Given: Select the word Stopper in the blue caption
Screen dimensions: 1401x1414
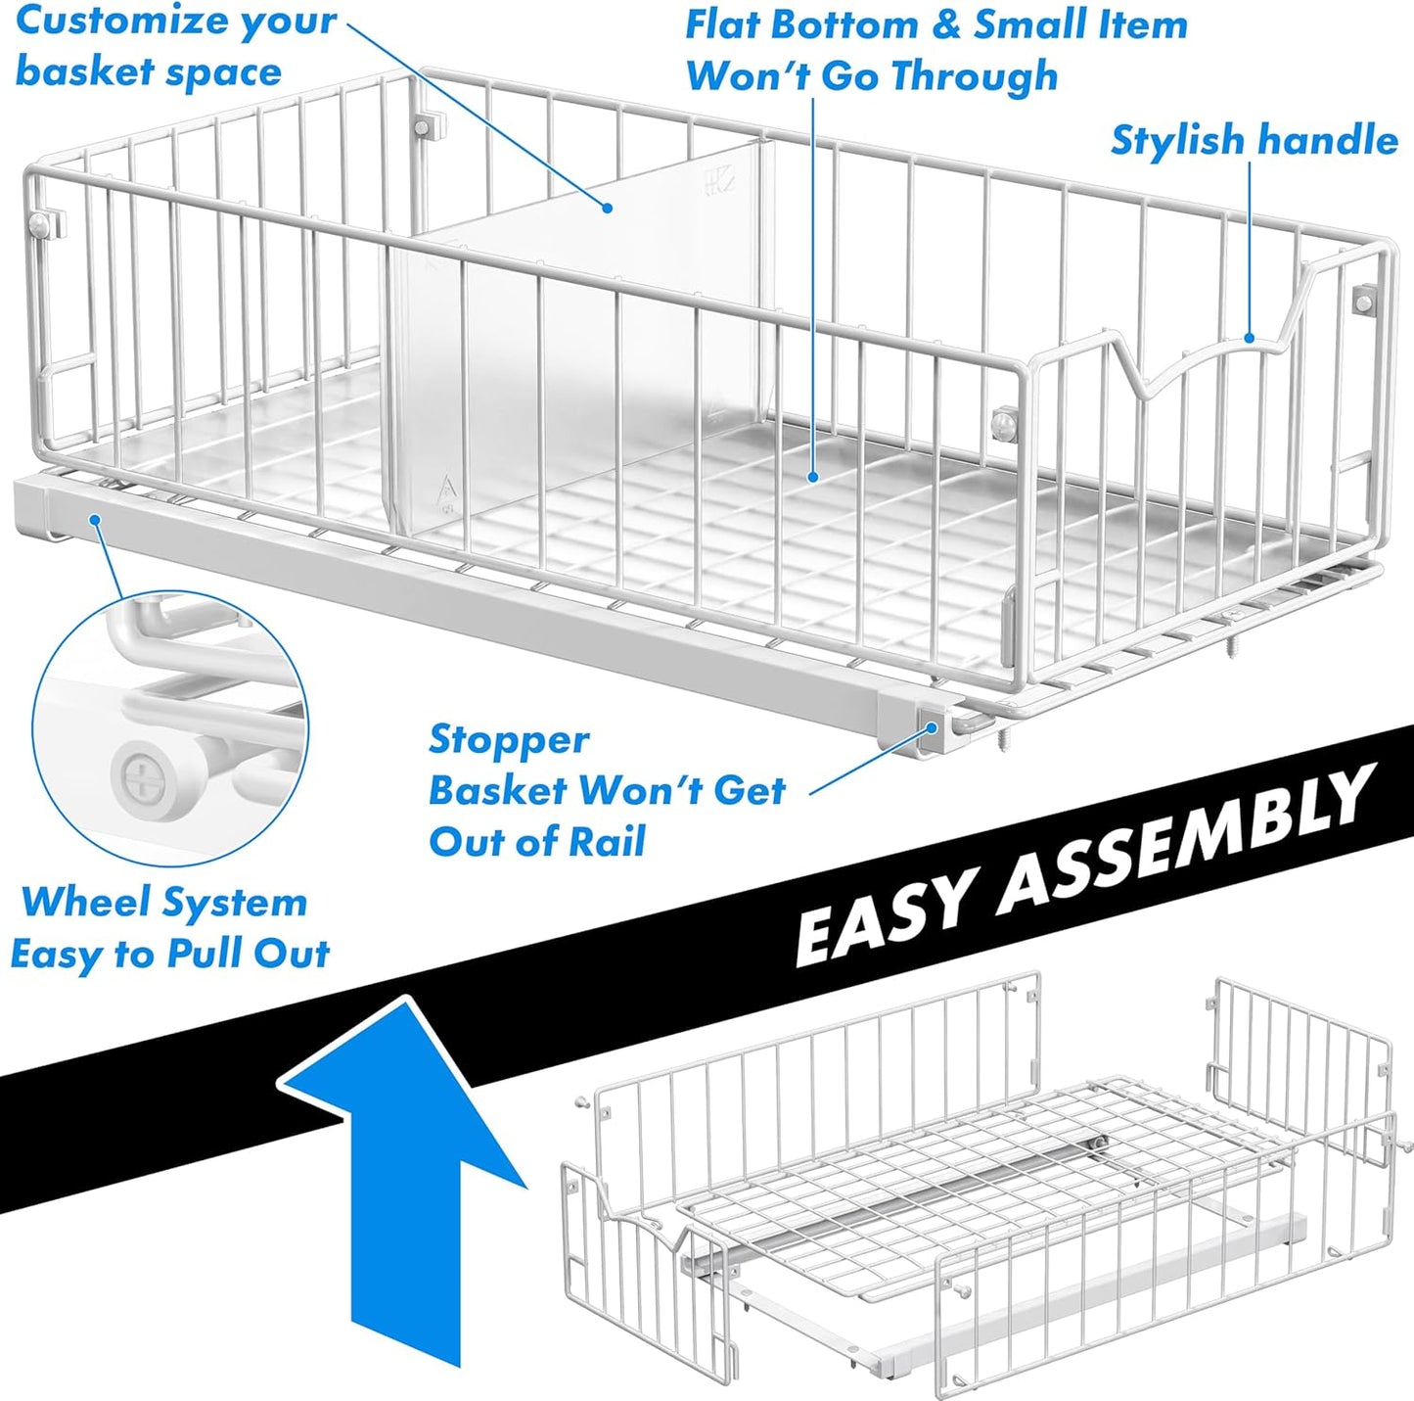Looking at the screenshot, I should coord(509,739).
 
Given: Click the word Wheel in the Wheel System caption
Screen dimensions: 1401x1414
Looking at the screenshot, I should coord(68,902).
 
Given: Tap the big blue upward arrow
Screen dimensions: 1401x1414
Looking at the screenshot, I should coord(405,1175).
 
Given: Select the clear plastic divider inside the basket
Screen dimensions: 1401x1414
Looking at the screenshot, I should coord(577,323).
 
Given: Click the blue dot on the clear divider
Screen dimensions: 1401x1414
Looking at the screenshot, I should coord(608,208).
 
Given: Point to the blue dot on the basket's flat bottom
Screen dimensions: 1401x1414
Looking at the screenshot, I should coord(812,477).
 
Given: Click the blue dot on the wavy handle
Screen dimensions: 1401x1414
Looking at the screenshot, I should coord(1250,339).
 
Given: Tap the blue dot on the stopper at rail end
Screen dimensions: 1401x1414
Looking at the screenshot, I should coord(933,727).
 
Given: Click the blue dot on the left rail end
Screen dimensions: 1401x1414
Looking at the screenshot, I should coord(94,519).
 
